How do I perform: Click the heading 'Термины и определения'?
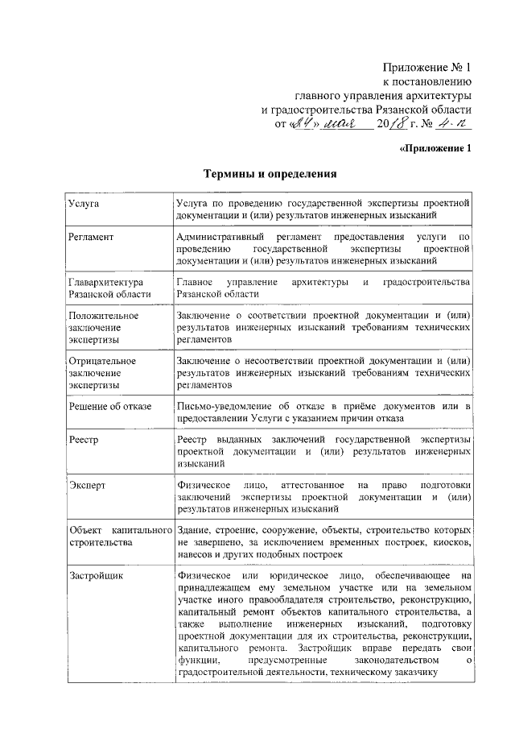tap(268, 173)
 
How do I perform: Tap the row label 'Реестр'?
tap(84, 440)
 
